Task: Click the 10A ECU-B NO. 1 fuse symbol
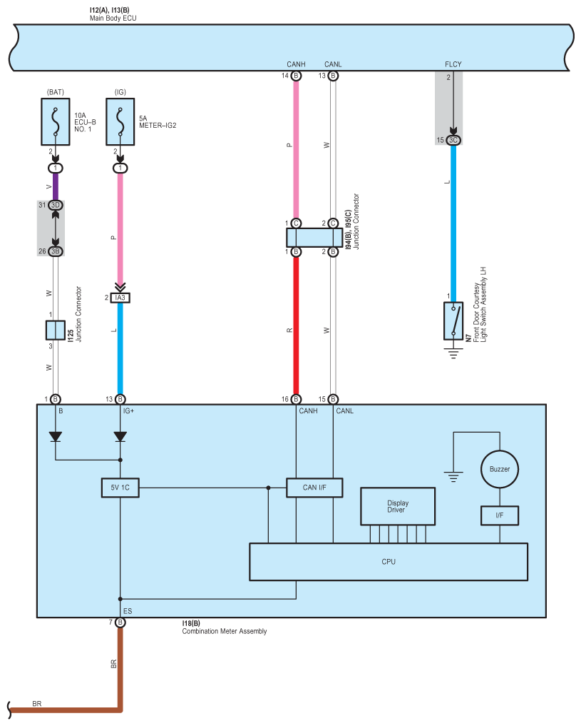coord(56,122)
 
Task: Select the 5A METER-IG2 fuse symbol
coord(120,122)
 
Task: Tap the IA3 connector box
coord(120,298)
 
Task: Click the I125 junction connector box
coord(56,330)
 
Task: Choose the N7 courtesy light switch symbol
coord(453,321)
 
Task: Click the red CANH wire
coord(296,326)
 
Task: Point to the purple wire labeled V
coord(56,186)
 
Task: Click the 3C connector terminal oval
coord(453,140)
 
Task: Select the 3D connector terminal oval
coord(56,205)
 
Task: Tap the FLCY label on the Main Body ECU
coord(453,64)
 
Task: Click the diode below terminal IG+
coord(120,437)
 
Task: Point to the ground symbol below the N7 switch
coord(453,353)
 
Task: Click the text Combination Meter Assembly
coord(224,631)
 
